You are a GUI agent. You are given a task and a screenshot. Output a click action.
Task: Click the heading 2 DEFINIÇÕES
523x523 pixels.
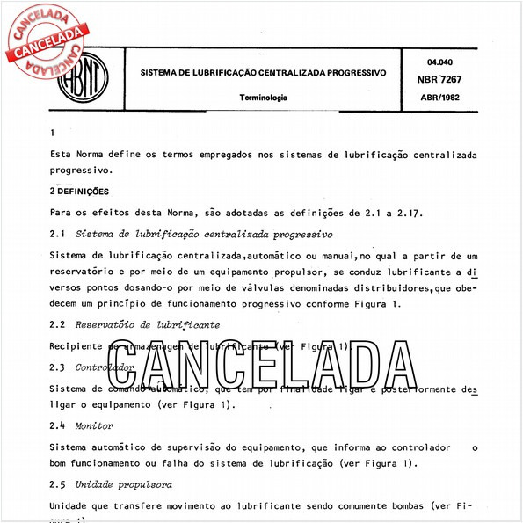(79, 190)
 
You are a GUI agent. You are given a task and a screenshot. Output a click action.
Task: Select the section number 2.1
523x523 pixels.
(58, 235)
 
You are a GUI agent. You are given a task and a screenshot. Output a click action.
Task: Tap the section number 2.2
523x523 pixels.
(58, 324)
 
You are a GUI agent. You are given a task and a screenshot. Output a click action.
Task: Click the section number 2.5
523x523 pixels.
(58, 484)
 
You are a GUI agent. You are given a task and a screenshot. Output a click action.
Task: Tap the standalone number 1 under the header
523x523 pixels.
(53, 133)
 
